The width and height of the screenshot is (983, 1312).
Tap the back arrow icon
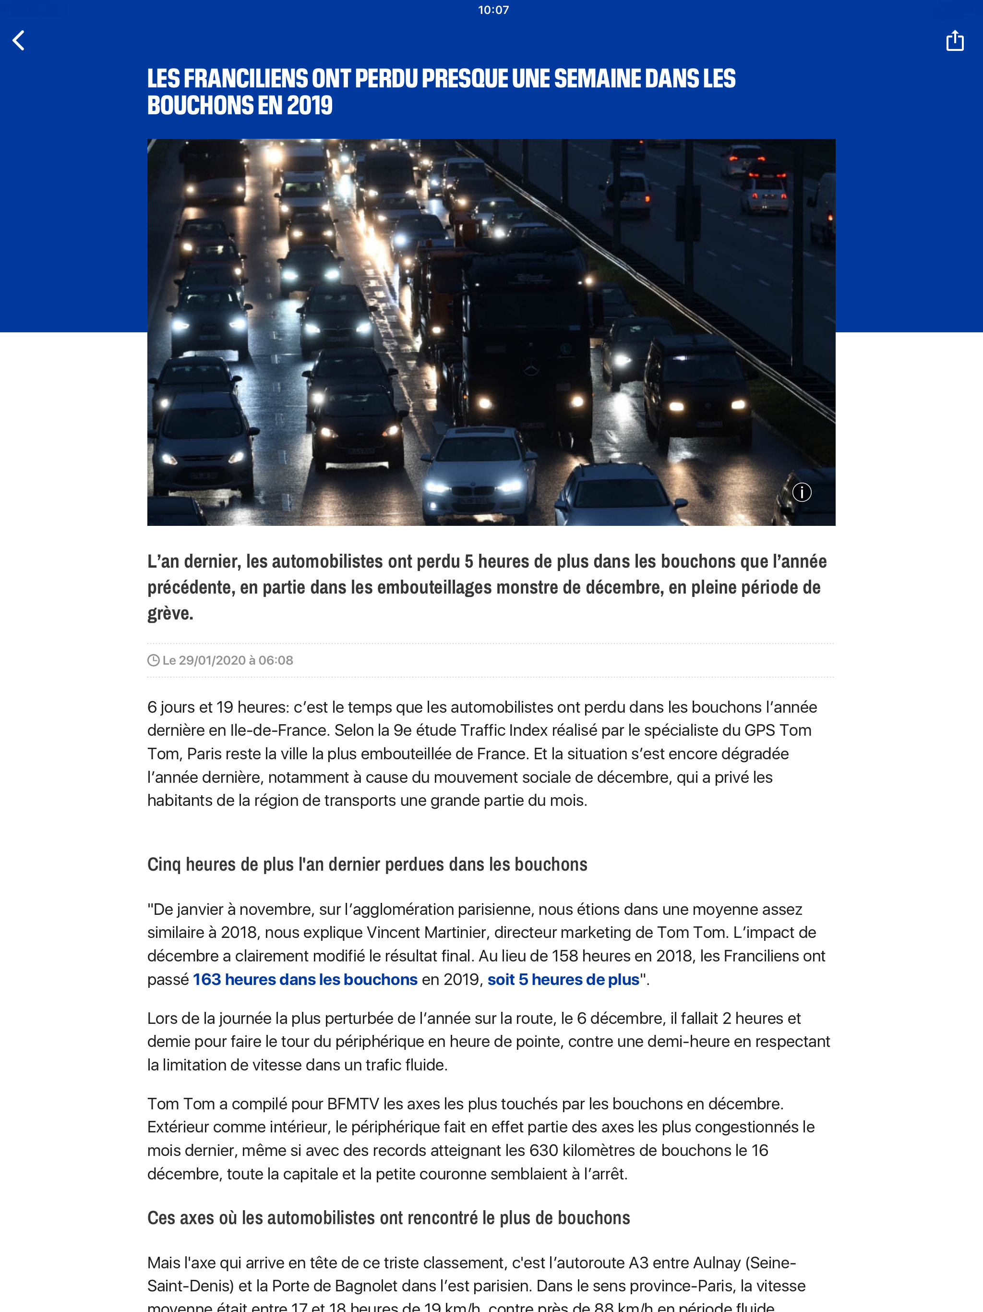pos(19,40)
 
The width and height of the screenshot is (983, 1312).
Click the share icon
pos(955,40)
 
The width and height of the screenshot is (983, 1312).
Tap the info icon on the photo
pos(802,492)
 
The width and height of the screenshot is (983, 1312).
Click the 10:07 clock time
pos(493,10)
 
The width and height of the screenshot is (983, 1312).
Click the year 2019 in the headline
pos(310,106)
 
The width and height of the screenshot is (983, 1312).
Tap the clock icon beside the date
pos(153,660)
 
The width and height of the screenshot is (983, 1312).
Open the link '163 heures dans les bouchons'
pos(305,979)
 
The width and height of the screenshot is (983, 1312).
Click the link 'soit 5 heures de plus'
pos(563,979)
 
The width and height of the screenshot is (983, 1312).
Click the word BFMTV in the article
pos(353,1104)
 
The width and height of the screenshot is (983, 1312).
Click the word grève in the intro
pos(170,613)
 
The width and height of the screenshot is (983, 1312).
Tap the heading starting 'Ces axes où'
pos(388,1218)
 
